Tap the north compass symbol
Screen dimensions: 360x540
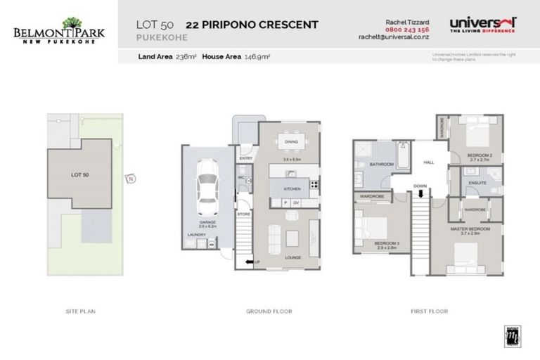click(131, 179)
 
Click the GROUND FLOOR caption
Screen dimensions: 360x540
click(269, 311)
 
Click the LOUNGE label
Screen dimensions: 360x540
click(292, 257)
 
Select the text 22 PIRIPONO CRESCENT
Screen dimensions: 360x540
click(251, 25)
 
